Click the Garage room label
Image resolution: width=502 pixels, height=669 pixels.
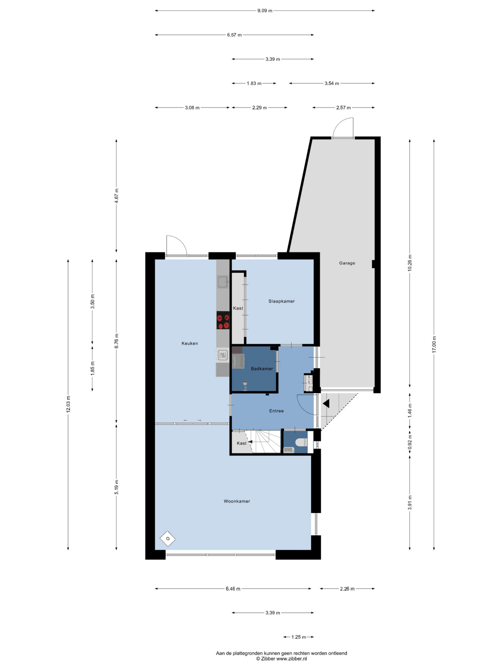[x=347, y=263]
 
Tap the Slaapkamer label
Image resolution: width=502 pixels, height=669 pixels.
[x=281, y=301]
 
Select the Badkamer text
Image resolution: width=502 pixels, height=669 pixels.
[x=262, y=369]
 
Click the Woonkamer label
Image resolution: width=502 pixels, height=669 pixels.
[x=237, y=501]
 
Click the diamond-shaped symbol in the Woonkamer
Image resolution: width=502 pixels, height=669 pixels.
[x=168, y=539]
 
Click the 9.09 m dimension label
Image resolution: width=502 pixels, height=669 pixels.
[x=265, y=11]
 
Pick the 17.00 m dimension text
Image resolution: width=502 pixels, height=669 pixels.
[x=434, y=344]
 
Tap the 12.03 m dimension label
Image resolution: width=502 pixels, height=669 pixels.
[x=68, y=404]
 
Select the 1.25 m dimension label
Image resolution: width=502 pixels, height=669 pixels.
[x=299, y=637]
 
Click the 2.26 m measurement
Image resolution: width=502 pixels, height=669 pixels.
[x=347, y=589]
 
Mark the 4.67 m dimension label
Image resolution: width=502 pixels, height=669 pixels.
[x=117, y=195]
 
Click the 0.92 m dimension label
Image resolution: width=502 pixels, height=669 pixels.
[x=410, y=442]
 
